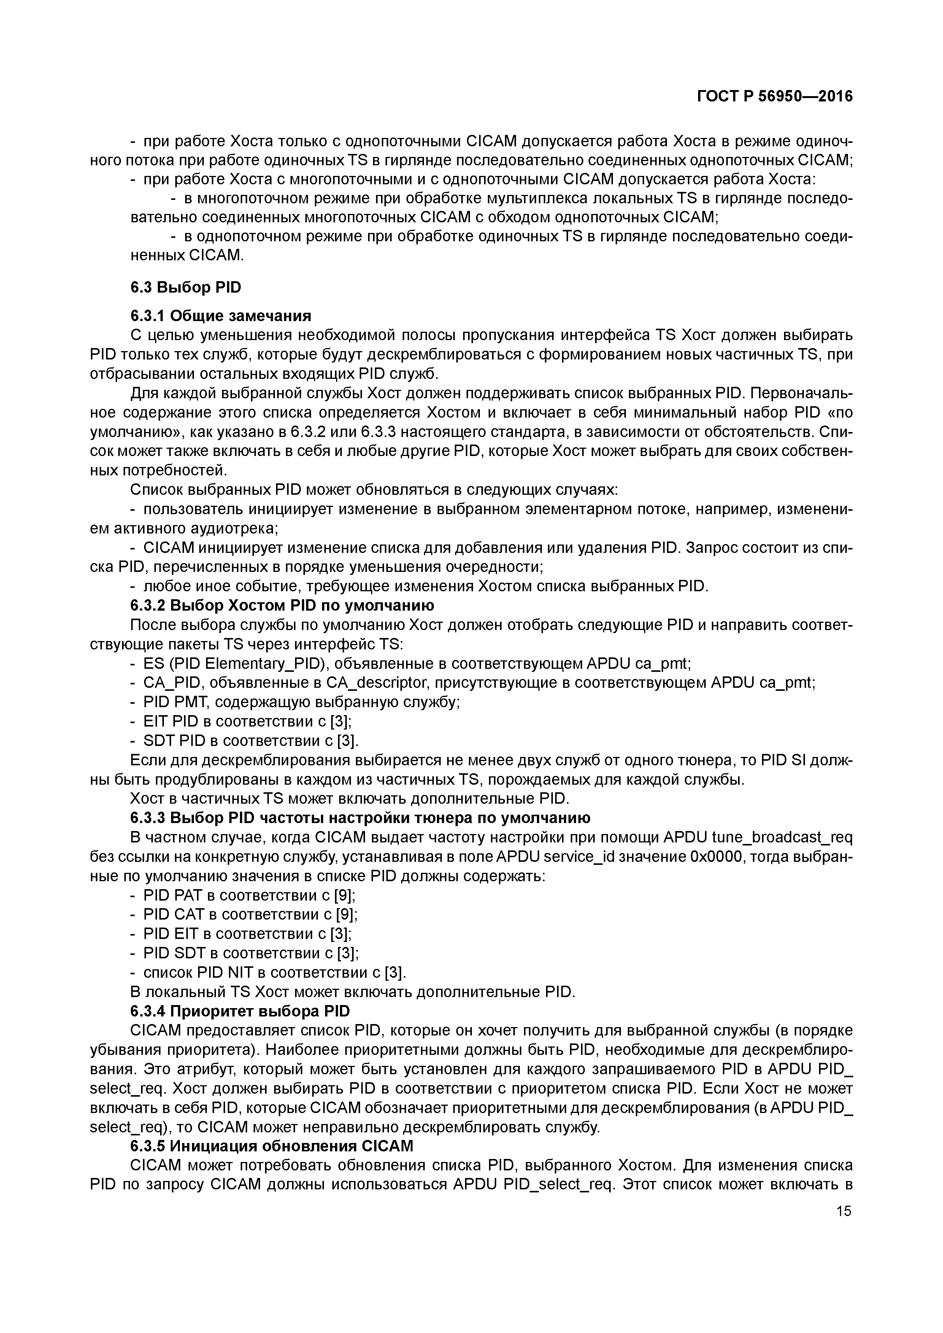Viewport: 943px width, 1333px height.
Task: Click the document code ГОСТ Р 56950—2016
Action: click(x=775, y=97)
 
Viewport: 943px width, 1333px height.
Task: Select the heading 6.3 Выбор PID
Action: click(x=185, y=287)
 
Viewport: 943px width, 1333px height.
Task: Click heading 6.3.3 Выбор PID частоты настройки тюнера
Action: click(x=360, y=818)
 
